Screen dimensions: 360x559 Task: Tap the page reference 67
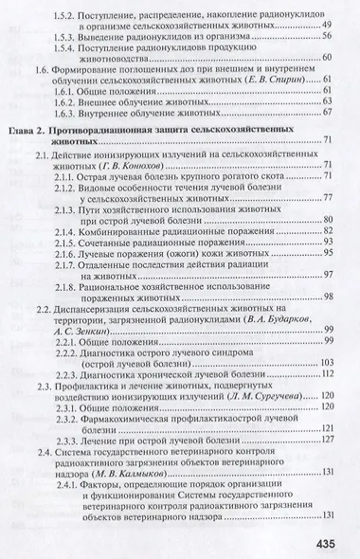(327, 110)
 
